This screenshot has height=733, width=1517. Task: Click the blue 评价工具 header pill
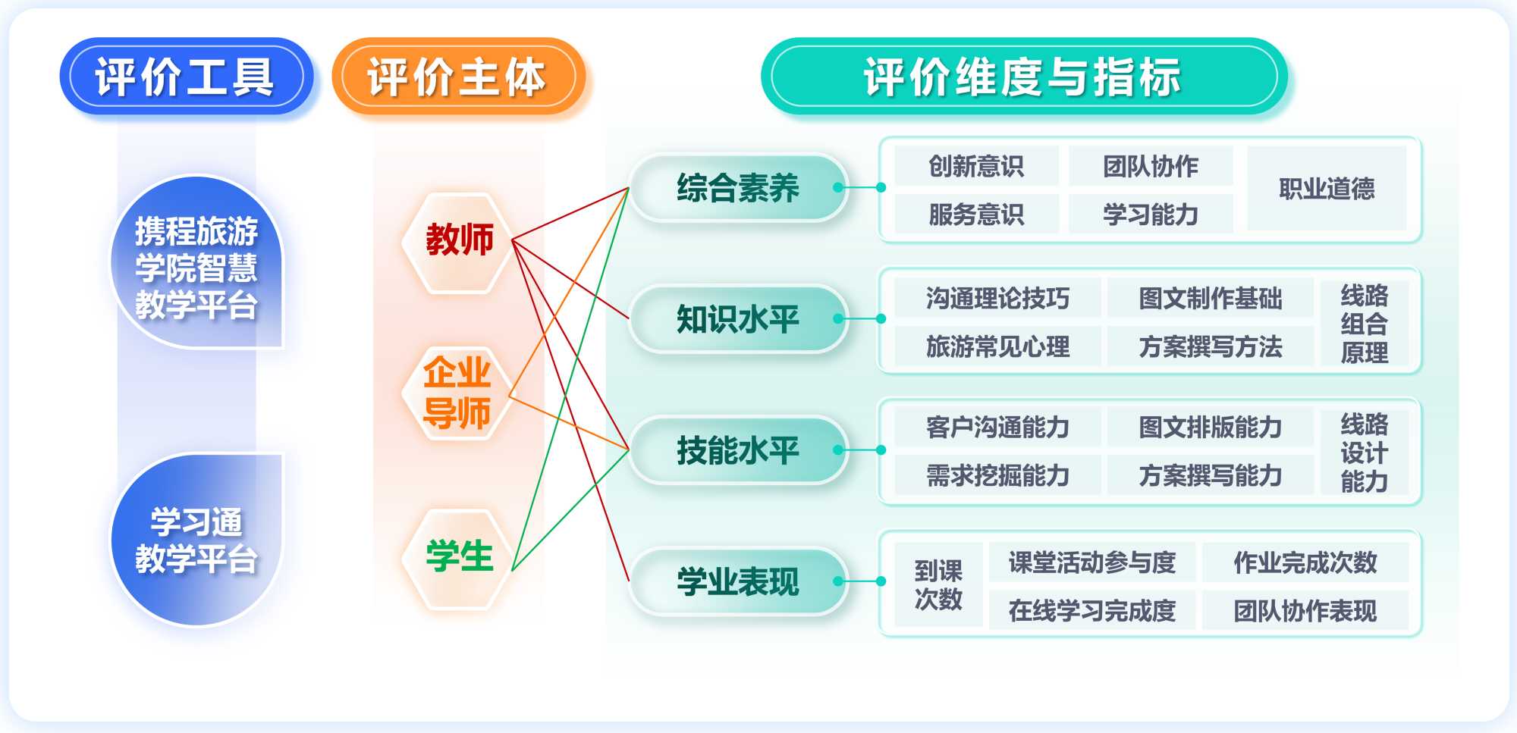tap(185, 77)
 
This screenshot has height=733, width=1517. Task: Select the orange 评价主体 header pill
tap(457, 77)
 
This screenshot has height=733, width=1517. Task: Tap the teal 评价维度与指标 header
tap(1023, 77)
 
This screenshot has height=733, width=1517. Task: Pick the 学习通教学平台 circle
tap(196, 540)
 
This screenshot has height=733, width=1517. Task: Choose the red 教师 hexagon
tap(459, 241)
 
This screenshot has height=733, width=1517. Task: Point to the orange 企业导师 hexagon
tap(457, 393)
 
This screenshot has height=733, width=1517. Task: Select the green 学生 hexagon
tap(459, 557)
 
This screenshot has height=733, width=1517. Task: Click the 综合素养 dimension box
tap(737, 188)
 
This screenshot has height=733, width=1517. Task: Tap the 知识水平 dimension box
tap(737, 319)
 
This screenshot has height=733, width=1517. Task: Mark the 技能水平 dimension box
tap(737, 450)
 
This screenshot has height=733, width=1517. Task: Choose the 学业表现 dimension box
tap(737, 581)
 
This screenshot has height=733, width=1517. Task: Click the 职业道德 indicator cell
tap(1327, 189)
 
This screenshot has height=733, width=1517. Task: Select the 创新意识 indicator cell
tap(976, 166)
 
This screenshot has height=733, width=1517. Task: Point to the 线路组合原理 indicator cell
tap(1364, 324)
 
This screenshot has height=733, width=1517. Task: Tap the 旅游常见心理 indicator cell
tap(997, 347)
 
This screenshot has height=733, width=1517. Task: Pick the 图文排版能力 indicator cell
tap(1210, 428)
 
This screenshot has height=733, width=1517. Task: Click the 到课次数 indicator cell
tap(938, 584)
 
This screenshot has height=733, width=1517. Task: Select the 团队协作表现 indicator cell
tap(1305, 610)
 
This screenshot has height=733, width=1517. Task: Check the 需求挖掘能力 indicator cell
tap(997, 476)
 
